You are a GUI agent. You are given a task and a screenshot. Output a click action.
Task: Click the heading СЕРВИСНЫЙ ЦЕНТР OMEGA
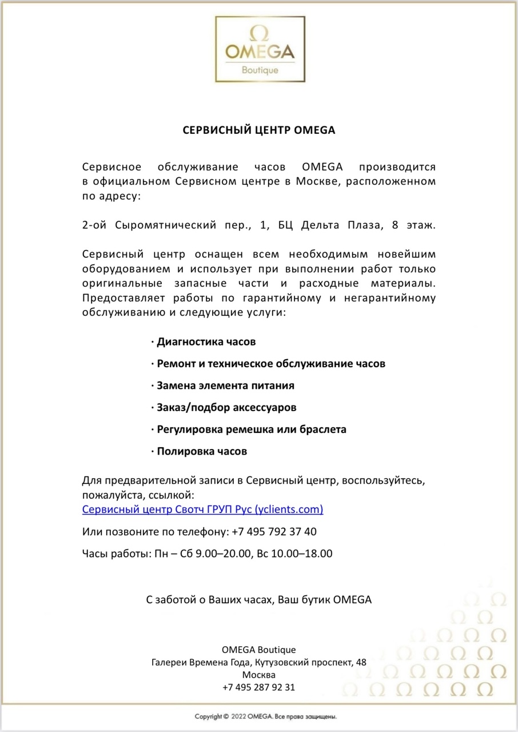click(x=259, y=130)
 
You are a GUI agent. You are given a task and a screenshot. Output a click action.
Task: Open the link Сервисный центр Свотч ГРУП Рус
click(x=203, y=509)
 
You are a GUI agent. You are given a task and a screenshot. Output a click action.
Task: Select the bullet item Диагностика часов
click(x=206, y=342)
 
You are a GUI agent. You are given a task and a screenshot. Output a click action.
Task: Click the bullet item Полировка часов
click(x=202, y=451)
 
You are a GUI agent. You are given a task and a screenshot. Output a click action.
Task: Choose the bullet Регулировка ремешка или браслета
click(x=252, y=429)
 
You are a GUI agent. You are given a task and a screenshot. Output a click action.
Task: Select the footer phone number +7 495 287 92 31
click(x=259, y=687)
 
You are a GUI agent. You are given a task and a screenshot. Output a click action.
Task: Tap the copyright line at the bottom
click(x=265, y=716)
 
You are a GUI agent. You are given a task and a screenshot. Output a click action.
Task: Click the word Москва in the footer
click(x=259, y=675)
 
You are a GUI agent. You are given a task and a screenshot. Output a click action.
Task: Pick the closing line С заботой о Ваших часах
click(x=209, y=600)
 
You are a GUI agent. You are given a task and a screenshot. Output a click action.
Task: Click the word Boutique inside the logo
click(x=260, y=70)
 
